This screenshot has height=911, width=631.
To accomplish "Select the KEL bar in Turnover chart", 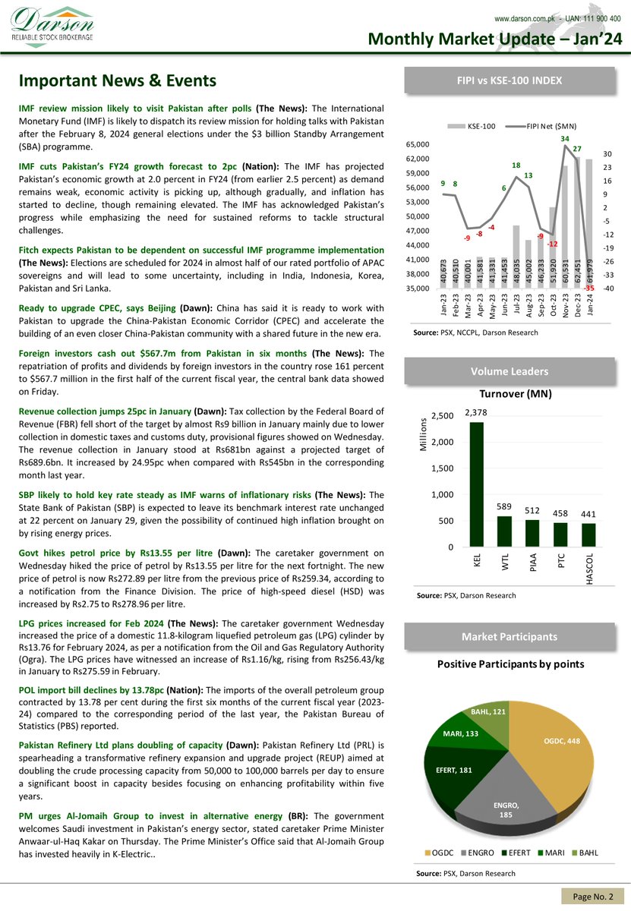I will pos(476,484).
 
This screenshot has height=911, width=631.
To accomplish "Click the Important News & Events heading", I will pos(118,80).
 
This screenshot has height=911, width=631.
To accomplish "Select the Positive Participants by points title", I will pos(510,664).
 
